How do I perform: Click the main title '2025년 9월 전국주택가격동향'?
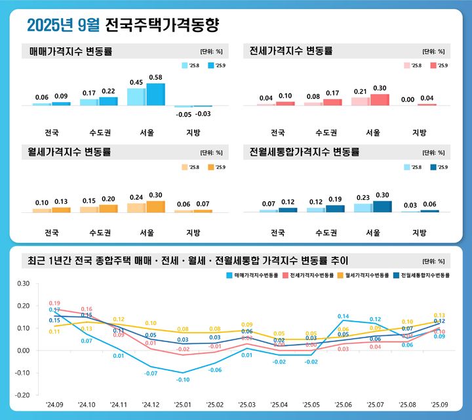[x=123, y=25]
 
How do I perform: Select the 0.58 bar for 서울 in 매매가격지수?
[x=155, y=94]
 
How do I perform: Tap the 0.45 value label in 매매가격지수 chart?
[x=136, y=83]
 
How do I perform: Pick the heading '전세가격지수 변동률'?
[x=292, y=50]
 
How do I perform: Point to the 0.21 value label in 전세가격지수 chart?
[x=360, y=92]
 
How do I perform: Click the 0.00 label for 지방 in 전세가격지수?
[x=408, y=99]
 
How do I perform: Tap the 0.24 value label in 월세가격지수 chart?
[x=136, y=197]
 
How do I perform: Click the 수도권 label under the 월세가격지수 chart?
[x=98, y=233]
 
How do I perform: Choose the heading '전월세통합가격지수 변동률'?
[x=305, y=152]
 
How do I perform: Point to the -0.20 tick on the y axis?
[x=23, y=395]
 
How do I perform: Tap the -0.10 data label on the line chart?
[x=182, y=380]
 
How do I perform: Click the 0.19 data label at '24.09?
[x=54, y=303]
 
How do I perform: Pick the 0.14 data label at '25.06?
[x=344, y=316]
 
